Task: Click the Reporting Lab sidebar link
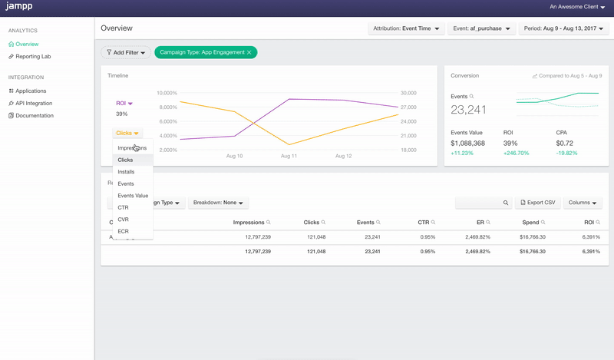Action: coord(35,57)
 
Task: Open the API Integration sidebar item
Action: coord(35,103)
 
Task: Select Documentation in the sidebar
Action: coord(35,115)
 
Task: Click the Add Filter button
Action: coord(126,52)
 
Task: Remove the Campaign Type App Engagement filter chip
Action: coord(249,52)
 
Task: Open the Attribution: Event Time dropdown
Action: coord(405,28)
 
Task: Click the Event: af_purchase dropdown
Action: coord(481,28)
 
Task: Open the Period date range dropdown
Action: coord(564,28)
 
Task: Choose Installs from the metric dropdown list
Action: coord(126,172)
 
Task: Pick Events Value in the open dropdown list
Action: coord(133,196)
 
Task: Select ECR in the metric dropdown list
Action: coord(124,231)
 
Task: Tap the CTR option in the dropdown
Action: coord(124,207)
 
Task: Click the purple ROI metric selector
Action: coord(124,103)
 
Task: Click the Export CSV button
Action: coord(537,203)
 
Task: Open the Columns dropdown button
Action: coord(583,203)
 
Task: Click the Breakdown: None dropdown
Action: coord(219,203)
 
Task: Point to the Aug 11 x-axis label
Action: coord(289,156)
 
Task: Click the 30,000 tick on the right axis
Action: coord(408,93)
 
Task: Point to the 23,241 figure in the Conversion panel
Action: coord(468,110)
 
